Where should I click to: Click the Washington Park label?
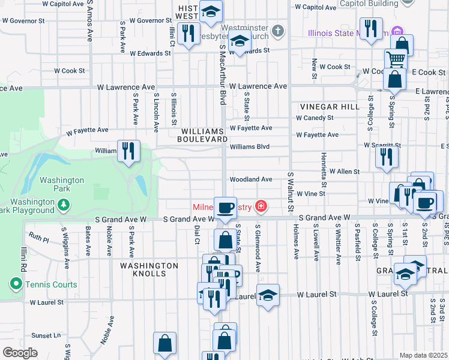coord(62,184)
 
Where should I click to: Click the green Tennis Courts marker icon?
coord(15,284)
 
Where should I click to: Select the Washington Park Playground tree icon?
coord(64,206)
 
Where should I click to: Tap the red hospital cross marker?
coord(261,207)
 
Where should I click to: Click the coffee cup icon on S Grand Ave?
coord(225,208)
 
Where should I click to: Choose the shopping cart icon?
coord(396,59)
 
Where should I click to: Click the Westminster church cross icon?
coord(277,30)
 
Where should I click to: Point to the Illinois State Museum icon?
coord(396,31)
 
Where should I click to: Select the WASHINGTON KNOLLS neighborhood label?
coord(148,269)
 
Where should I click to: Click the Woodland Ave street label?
coord(250,179)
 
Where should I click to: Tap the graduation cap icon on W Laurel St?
coord(268,294)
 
